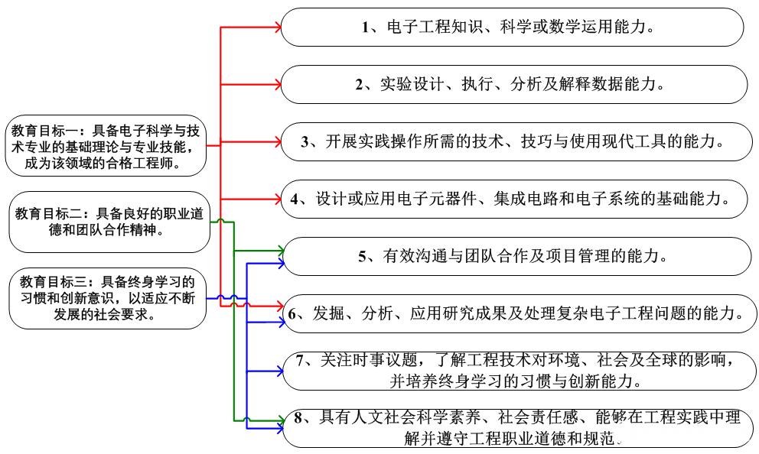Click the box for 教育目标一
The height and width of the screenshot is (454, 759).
click(106, 145)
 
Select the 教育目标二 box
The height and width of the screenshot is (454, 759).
click(109, 222)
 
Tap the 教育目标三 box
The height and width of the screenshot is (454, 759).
click(107, 298)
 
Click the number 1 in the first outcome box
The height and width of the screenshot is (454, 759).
click(366, 27)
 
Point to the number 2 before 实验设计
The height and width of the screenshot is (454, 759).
click(359, 85)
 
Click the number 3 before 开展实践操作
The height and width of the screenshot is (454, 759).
click(305, 141)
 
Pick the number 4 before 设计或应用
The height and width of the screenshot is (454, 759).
click(295, 199)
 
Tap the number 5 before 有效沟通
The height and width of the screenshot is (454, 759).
click(362, 256)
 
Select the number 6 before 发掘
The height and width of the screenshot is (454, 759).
click(292, 314)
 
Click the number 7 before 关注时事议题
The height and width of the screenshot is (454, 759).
click(300, 360)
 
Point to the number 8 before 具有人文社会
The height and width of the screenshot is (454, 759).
click(298, 418)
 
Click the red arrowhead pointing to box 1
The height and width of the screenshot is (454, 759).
click(278, 27)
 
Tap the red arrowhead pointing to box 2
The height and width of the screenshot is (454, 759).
click(278, 85)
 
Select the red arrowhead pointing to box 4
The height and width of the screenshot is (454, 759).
click(278, 199)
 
